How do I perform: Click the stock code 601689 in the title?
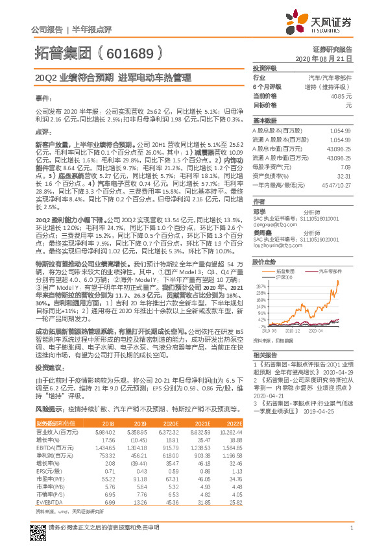[x=129, y=51]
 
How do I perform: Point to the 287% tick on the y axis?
[x=261, y=285]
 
